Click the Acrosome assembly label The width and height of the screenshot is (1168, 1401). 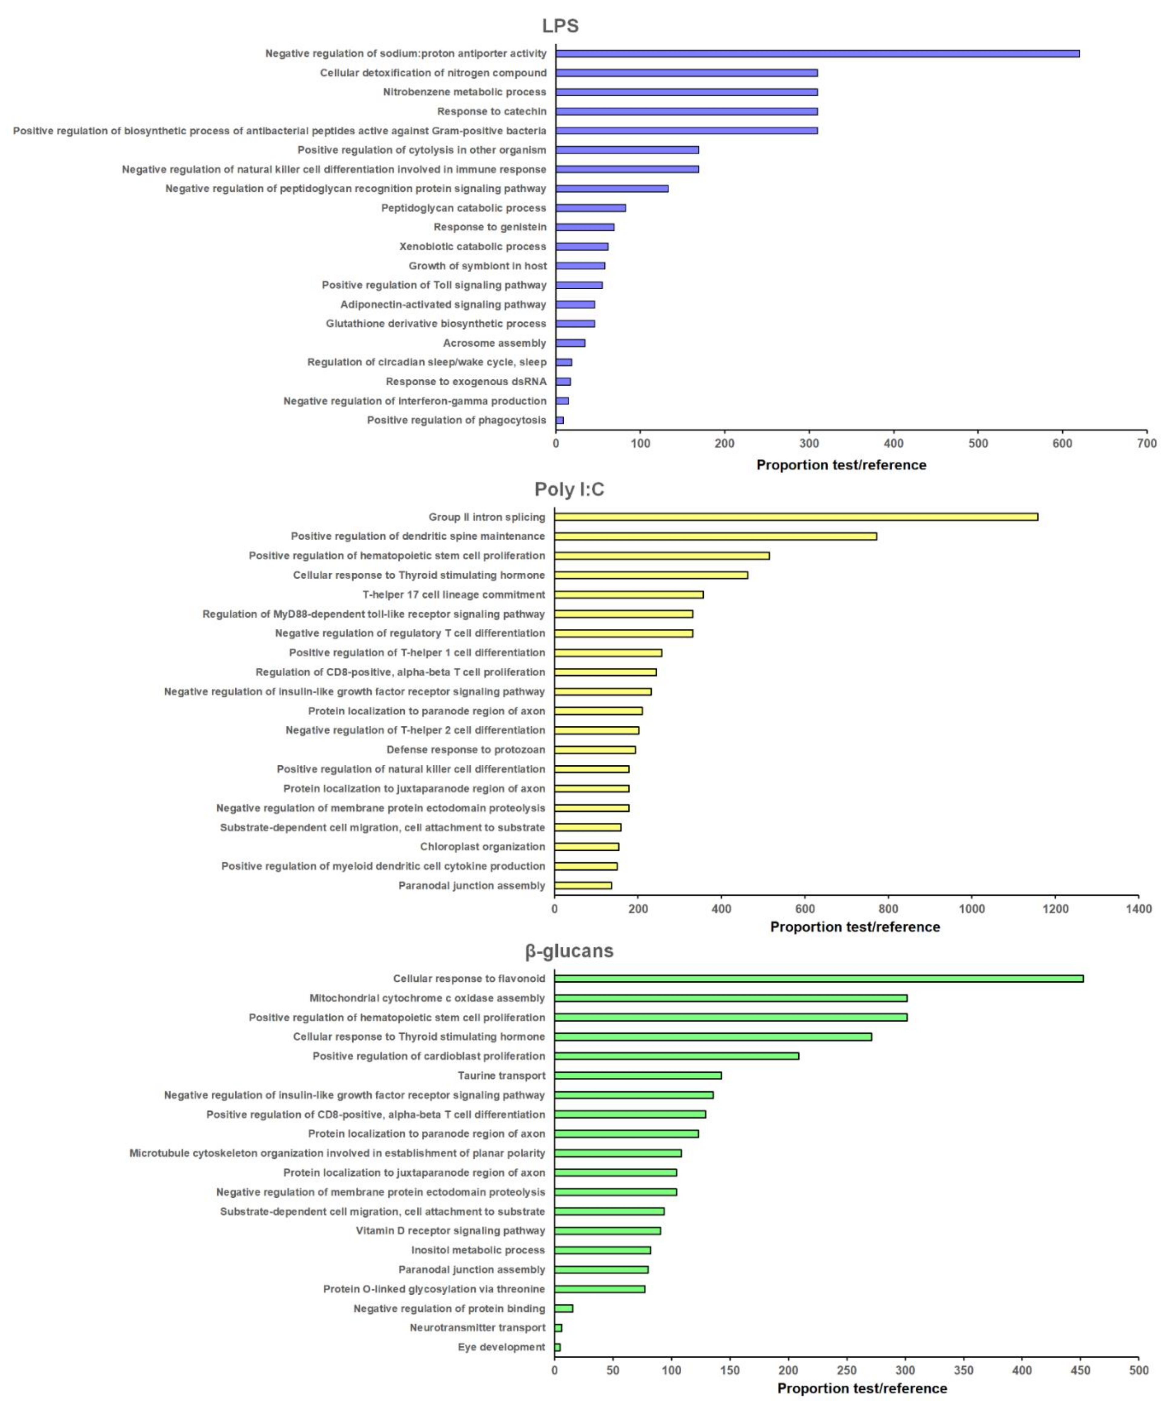494,343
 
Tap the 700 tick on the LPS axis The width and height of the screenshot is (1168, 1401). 1146,444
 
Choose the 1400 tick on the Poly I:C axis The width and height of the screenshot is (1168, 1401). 1138,909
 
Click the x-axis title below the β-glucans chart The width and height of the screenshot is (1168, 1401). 862,1388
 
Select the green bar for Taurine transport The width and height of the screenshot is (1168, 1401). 638,1075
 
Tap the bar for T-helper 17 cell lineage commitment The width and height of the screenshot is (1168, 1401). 628,594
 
